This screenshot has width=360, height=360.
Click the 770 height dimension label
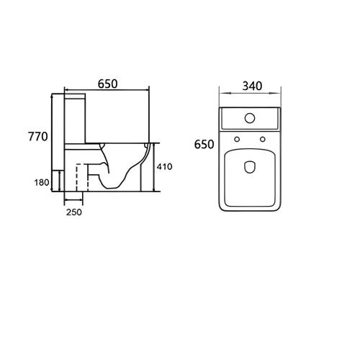38,137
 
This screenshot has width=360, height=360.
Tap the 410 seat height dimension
164,166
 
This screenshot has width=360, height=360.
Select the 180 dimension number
42,182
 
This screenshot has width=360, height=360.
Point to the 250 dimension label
74,212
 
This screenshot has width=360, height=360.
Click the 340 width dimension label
252,86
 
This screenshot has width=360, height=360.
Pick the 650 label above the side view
108,84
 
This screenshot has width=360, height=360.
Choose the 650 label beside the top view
204,144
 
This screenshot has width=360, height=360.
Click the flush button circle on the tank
250,118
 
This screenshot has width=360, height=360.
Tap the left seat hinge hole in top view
237,139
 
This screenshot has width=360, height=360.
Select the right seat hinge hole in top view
263,139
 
